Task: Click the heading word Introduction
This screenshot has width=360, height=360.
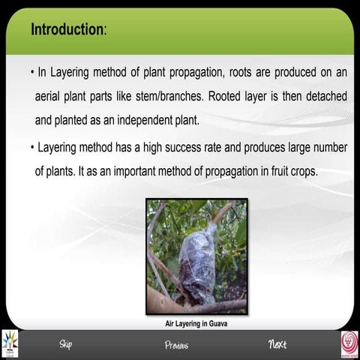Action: [67, 30]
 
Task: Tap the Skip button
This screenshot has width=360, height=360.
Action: [65, 344]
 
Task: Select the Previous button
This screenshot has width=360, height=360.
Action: [176, 345]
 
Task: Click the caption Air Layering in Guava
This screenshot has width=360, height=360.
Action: [196, 324]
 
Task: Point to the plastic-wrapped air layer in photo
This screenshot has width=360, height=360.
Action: [196, 262]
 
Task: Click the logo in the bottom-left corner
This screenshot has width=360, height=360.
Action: [10, 343]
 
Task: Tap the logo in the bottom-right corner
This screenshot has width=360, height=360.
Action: [349, 343]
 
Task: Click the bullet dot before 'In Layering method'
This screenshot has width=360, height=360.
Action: [32, 74]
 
